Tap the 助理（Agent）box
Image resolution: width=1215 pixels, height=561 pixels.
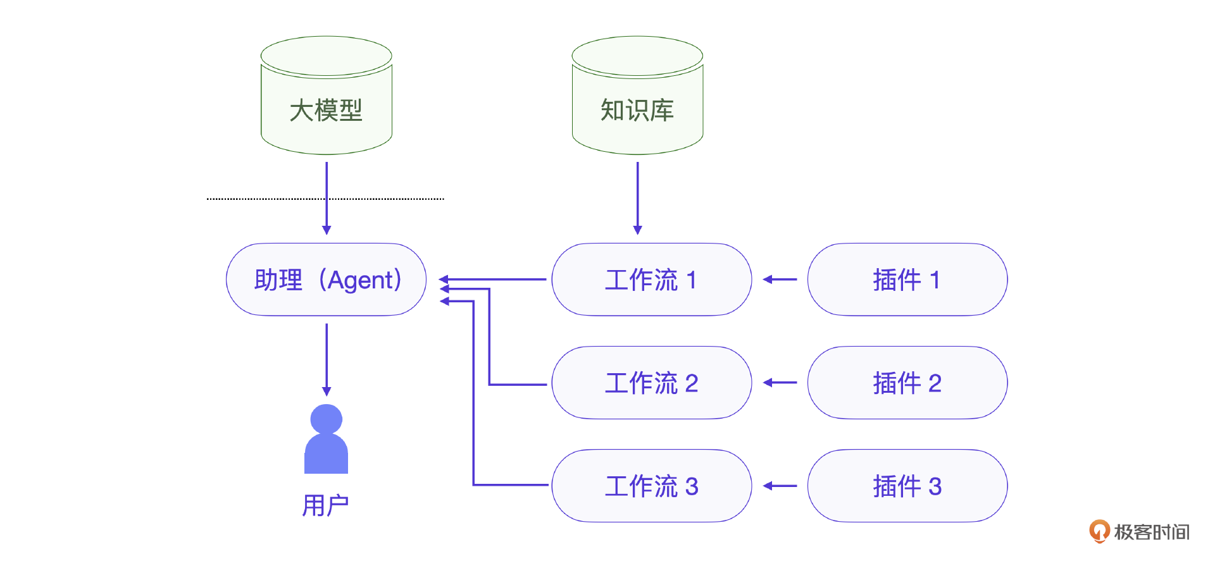click(x=327, y=280)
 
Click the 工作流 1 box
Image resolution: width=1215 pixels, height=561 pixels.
click(x=651, y=280)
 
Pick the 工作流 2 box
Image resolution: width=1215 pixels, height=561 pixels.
click(x=651, y=383)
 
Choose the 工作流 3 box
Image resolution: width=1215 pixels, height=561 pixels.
click(x=651, y=486)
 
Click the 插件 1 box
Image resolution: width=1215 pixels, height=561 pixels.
click(x=907, y=280)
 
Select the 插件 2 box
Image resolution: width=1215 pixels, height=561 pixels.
click(x=907, y=383)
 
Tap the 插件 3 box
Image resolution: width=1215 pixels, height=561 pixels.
click(x=907, y=486)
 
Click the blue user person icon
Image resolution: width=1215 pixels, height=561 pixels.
click(x=327, y=440)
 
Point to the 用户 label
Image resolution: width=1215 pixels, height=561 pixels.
click(x=325, y=505)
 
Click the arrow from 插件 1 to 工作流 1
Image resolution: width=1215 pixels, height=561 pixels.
click(x=780, y=279)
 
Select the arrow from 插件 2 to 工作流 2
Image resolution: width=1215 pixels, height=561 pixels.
click(x=780, y=383)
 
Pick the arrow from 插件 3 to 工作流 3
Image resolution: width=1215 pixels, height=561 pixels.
click(x=780, y=486)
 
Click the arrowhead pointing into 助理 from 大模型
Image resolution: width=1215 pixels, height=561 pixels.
click(x=327, y=230)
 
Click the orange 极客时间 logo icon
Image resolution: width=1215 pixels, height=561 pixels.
click(x=1099, y=531)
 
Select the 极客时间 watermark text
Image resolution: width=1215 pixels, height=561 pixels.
click(x=1152, y=532)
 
